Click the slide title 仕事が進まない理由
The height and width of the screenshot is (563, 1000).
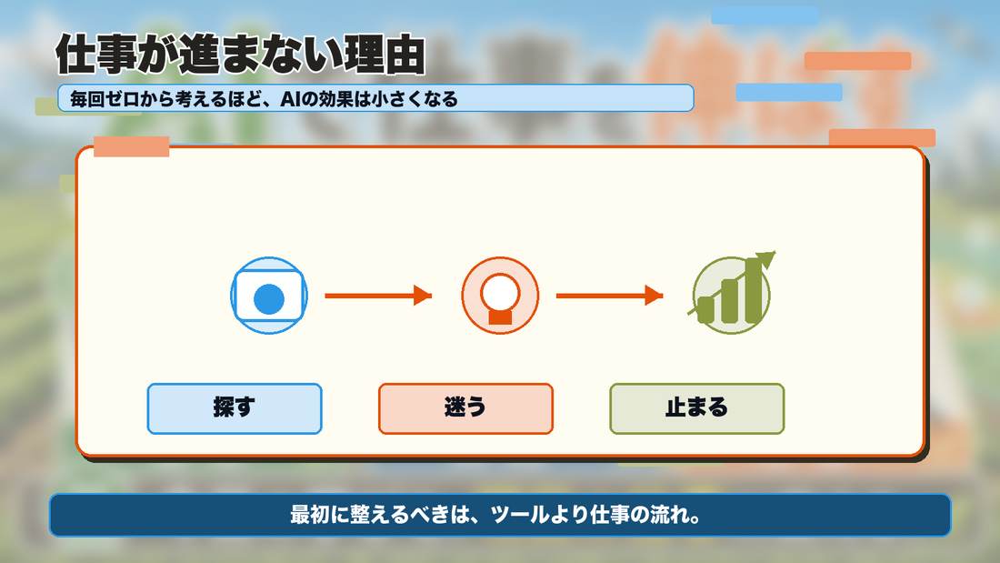pos(240,55)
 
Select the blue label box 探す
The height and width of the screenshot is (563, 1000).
pos(235,408)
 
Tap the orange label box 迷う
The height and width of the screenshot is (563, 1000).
pos(465,408)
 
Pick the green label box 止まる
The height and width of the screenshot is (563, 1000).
pos(697,408)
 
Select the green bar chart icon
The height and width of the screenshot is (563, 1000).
pos(732,294)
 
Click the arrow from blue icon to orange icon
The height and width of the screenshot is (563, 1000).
pos(378,296)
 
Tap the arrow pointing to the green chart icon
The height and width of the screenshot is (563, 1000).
pos(610,296)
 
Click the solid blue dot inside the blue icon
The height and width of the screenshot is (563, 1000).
pos(269,299)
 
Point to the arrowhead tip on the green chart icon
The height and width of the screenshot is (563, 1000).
pos(775,252)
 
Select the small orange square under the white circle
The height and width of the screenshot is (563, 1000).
pos(501,317)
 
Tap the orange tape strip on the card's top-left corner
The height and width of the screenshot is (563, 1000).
pos(132,146)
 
